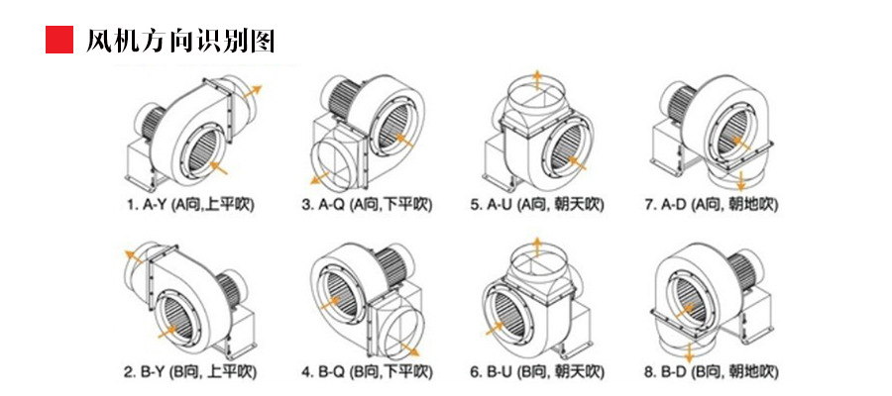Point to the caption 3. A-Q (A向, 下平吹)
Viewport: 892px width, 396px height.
click(368, 206)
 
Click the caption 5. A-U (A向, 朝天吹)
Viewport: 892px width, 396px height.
click(536, 206)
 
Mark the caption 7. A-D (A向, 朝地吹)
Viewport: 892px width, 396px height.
click(712, 206)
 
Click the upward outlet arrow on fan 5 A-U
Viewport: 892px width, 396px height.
click(536, 79)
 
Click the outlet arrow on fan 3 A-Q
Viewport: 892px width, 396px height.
click(316, 178)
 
